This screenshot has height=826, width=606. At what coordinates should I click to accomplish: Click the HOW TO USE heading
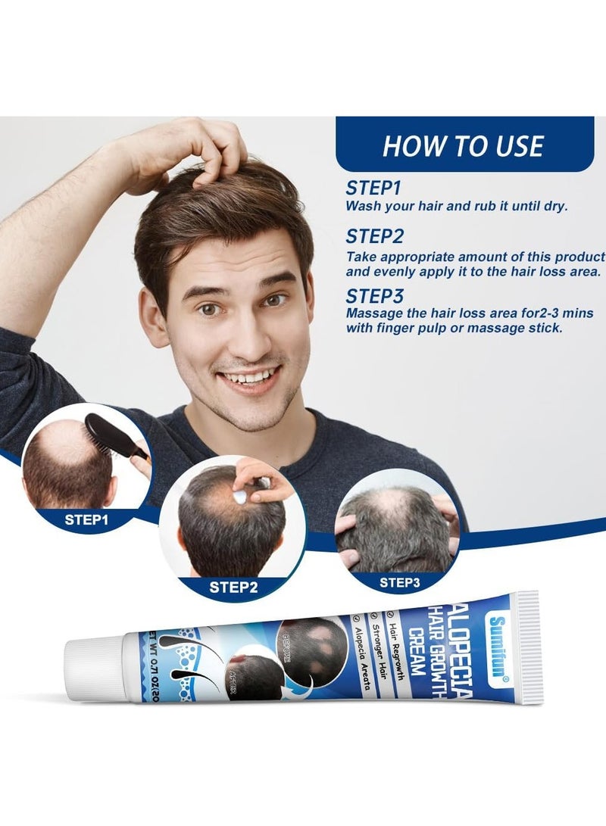pyautogui.click(x=463, y=145)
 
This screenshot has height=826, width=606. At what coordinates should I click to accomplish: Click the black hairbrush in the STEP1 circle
pyautogui.click(x=114, y=438)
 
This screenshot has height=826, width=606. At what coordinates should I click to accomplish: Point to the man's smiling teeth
pyautogui.click(x=248, y=377)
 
